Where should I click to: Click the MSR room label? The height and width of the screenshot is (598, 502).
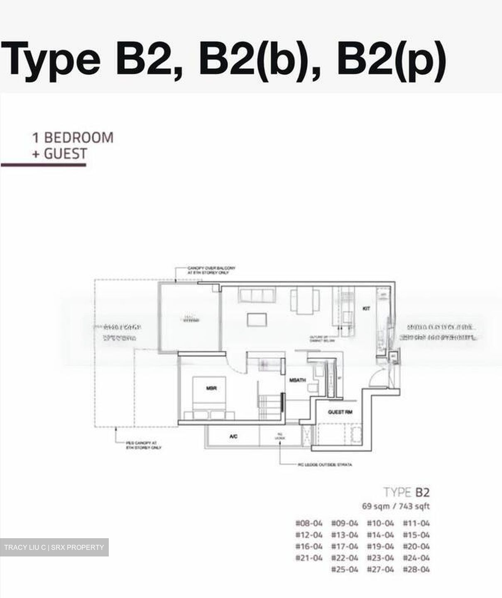tap(212, 388)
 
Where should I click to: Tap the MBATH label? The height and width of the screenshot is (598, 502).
tap(297, 380)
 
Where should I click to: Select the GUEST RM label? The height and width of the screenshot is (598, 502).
tap(340, 412)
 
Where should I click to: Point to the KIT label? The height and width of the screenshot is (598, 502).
tap(366, 309)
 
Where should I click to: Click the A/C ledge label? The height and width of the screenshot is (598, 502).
tap(233, 436)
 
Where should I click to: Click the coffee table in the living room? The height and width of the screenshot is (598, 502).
tap(257, 319)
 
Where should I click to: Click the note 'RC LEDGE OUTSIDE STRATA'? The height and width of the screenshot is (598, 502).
tap(325, 465)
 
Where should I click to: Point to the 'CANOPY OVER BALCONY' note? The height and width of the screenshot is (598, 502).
tap(211, 270)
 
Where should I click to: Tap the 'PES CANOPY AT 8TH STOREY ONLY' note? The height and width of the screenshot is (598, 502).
tap(144, 446)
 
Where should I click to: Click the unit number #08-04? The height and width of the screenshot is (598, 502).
tap(309, 523)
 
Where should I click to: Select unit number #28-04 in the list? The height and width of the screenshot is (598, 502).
tap(416, 569)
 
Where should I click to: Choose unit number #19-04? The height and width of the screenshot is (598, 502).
tap(380, 547)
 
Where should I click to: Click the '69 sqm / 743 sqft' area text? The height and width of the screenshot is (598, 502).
tap(396, 506)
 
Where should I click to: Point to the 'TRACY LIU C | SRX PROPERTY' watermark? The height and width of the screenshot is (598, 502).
tap(54, 547)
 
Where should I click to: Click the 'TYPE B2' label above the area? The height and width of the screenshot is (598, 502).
tap(406, 493)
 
